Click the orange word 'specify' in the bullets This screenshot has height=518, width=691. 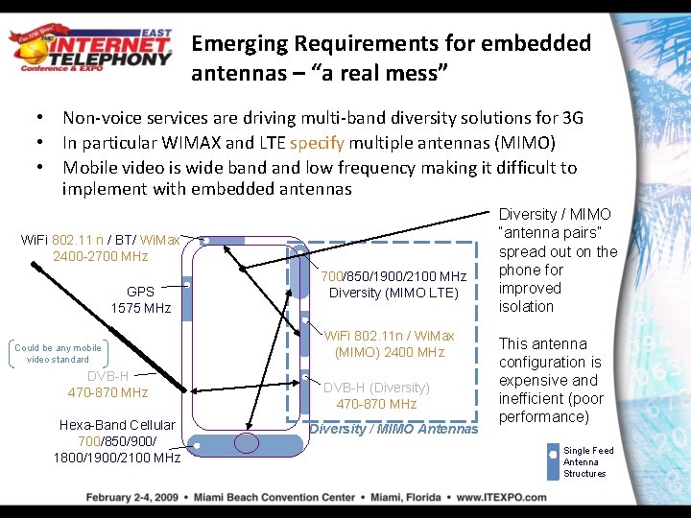[x=317, y=143]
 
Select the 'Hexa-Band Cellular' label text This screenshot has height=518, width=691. [x=117, y=425]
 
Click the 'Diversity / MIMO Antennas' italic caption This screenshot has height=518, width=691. [x=393, y=428]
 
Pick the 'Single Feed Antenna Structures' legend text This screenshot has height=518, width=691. [x=587, y=461]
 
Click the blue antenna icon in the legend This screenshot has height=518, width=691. [x=552, y=461]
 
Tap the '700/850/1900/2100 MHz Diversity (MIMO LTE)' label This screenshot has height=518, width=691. [x=393, y=284]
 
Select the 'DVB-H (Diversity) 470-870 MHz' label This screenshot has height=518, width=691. [x=376, y=395]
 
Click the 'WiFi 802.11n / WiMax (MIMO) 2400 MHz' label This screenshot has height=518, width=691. [x=389, y=343]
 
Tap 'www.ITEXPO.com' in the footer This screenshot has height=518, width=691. [x=501, y=498]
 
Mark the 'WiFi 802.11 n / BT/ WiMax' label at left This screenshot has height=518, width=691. [x=100, y=239]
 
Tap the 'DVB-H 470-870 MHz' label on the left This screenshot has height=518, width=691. [x=107, y=384]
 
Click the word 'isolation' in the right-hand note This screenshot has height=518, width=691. [x=526, y=307]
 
